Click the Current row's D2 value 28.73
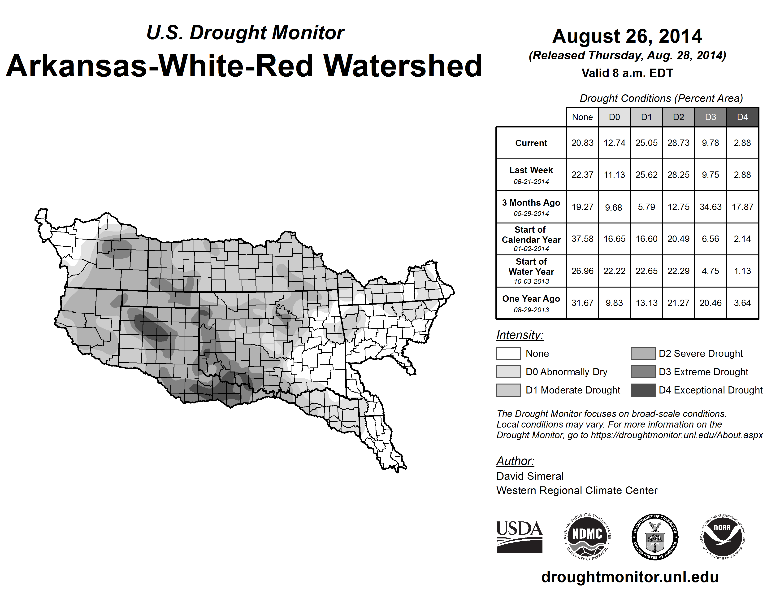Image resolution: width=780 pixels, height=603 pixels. tap(678, 143)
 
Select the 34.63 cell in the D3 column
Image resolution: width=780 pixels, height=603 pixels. tap(710, 207)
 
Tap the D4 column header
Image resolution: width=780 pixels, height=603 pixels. tap(742, 117)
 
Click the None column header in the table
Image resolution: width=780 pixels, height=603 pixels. tap(582, 117)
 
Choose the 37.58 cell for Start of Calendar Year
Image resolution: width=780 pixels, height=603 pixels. tap(582, 239)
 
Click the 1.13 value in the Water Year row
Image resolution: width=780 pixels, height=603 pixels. tap(742, 271)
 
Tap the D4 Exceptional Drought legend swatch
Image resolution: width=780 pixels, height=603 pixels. tap(643, 390)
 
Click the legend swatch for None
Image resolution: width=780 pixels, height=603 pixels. tap(508, 353)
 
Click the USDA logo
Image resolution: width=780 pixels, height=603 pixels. tap(519, 537)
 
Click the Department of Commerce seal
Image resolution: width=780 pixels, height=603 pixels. tap(655, 537)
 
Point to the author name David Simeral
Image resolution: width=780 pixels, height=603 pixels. tap(530, 476)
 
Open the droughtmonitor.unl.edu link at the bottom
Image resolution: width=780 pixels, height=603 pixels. tap(630, 577)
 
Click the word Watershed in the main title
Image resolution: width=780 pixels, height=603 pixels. tap(403, 66)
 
